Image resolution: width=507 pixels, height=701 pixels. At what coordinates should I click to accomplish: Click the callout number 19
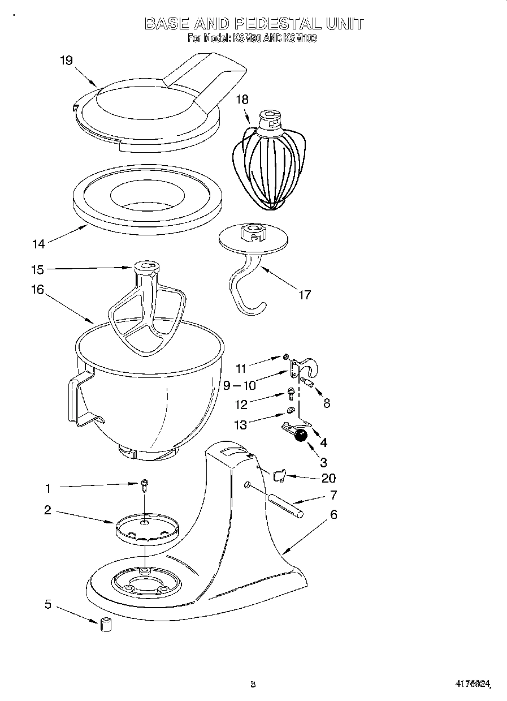pos(66,61)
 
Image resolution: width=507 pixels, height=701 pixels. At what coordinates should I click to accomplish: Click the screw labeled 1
pos(145,484)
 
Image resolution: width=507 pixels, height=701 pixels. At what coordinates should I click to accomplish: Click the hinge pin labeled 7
pos(285,505)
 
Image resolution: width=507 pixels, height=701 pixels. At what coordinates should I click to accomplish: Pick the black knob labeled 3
pos(301,435)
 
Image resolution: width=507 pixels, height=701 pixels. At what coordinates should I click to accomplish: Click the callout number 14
pos(38,244)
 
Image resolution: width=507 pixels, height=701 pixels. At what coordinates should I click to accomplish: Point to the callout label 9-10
pos(239,386)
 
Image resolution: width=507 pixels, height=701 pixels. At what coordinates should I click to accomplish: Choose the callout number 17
pos(304,295)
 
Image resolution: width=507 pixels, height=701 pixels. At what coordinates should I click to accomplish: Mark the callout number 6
pos(333,515)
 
